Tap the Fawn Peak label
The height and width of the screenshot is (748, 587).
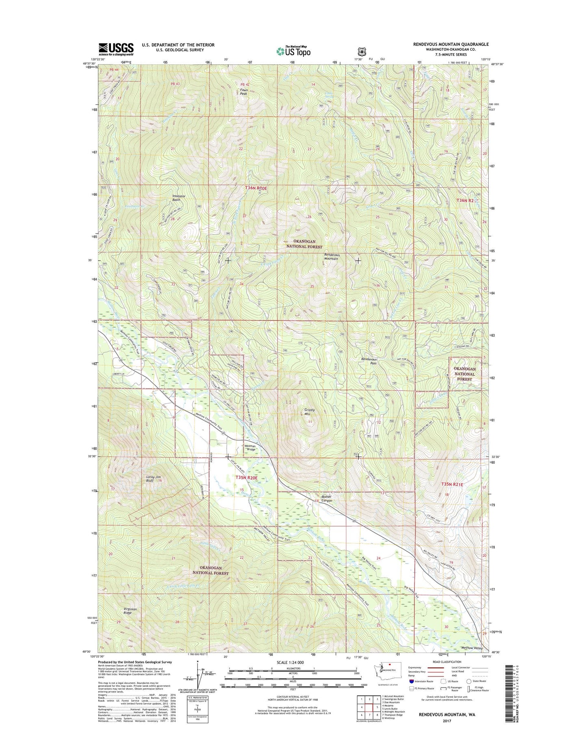point(244,92)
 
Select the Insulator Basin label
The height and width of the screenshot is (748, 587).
point(179,198)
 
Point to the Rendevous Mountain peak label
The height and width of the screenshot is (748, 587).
point(331,257)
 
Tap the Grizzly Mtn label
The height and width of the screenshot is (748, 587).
point(310,412)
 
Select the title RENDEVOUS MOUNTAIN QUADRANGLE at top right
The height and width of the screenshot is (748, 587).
point(451,44)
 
